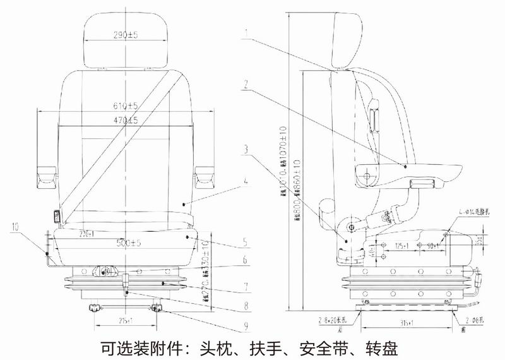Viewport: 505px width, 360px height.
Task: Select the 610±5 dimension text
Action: click(x=126, y=105)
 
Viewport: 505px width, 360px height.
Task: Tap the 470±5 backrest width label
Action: click(x=126, y=119)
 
